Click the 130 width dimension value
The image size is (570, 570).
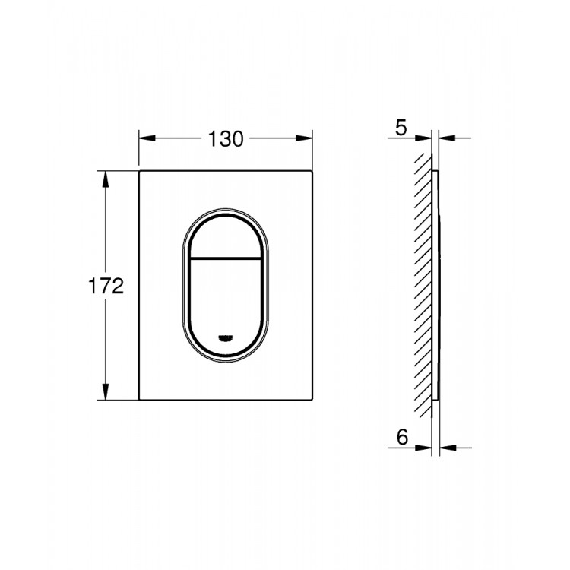[x=226, y=139]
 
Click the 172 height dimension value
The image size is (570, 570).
[x=106, y=286]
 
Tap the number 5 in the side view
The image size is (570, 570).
[x=401, y=128]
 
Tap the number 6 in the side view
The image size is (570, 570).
[x=402, y=437]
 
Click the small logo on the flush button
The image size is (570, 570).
[x=226, y=337]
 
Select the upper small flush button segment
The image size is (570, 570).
[x=226, y=237]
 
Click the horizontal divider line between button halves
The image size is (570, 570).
[x=226, y=259]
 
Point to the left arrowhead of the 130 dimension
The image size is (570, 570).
[x=147, y=138]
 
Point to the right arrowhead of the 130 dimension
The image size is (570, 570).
[x=304, y=138]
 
